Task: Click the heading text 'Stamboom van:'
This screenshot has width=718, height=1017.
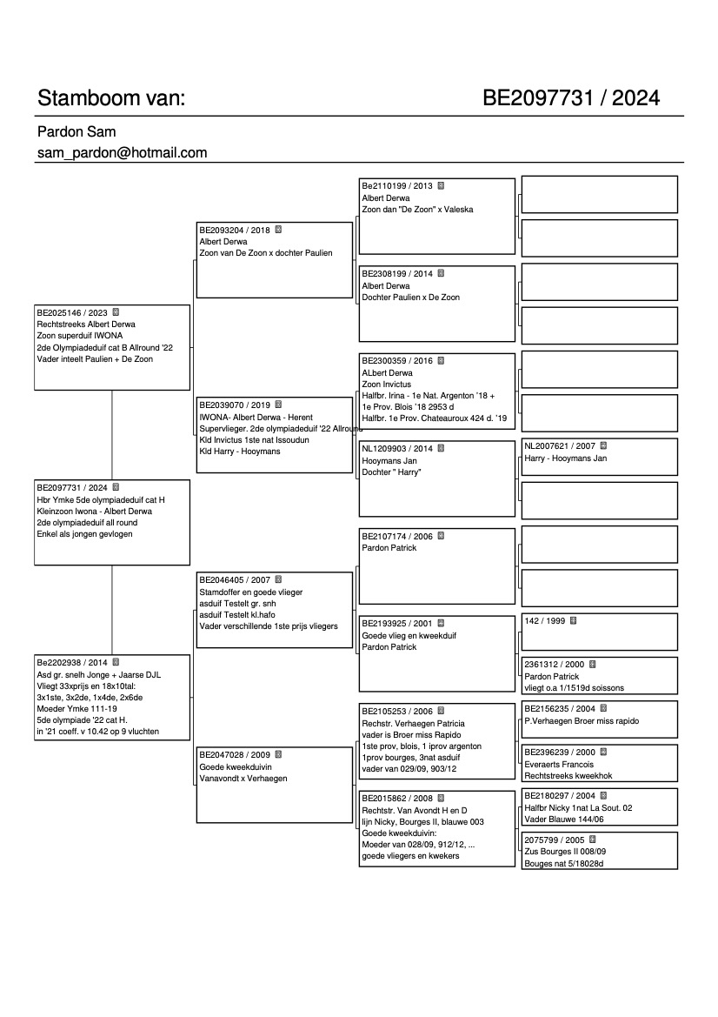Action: pyautogui.click(x=111, y=97)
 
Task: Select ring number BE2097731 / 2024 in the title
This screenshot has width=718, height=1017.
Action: pyautogui.click(x=571, y=97)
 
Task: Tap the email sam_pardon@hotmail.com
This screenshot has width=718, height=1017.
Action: pyautogui.click(x=122, y=152)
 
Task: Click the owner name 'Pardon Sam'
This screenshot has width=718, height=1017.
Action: pyautogui.click(x=76, y=131)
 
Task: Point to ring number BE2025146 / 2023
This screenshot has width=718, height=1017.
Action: pyautogui.click(x=72, y=311)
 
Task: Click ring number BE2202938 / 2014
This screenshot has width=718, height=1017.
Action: pyautogui.click(x=72, y=661)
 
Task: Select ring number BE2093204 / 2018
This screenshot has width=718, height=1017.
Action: pyautogui.click(x=235, y=231)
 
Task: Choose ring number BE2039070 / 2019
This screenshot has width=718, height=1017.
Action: pyautogui.click(x=235, y=405)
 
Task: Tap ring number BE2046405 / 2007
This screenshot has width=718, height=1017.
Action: pyautogui.click(x=235, y=579)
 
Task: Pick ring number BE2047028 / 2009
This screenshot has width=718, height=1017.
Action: pyautogui.click(x=235, y=754)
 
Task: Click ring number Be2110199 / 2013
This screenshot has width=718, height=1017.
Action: pyautogui.click(x=396, y=186)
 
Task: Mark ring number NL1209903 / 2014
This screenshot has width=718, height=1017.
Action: pyautogui.click(x=396, y=449)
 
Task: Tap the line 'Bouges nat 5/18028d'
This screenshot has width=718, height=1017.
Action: pyautogui.click(x=563, y=863)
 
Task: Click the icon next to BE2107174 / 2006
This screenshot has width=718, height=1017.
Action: pyautogui.click(x=441, y=536)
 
